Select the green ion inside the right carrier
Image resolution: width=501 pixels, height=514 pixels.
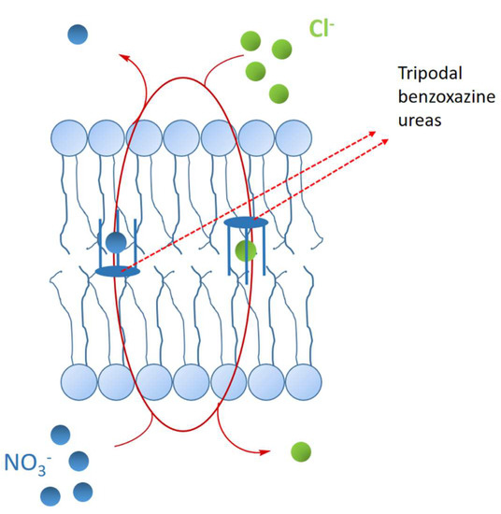(245, 250)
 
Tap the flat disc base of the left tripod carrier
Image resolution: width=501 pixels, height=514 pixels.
(118, 271)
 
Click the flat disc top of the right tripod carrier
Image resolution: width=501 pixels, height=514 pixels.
(245, 223)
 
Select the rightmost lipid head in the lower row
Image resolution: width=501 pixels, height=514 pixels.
(303, 379)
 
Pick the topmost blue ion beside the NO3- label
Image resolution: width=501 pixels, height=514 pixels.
(61, 434)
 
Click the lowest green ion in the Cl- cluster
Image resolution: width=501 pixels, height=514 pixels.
(278, 93)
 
